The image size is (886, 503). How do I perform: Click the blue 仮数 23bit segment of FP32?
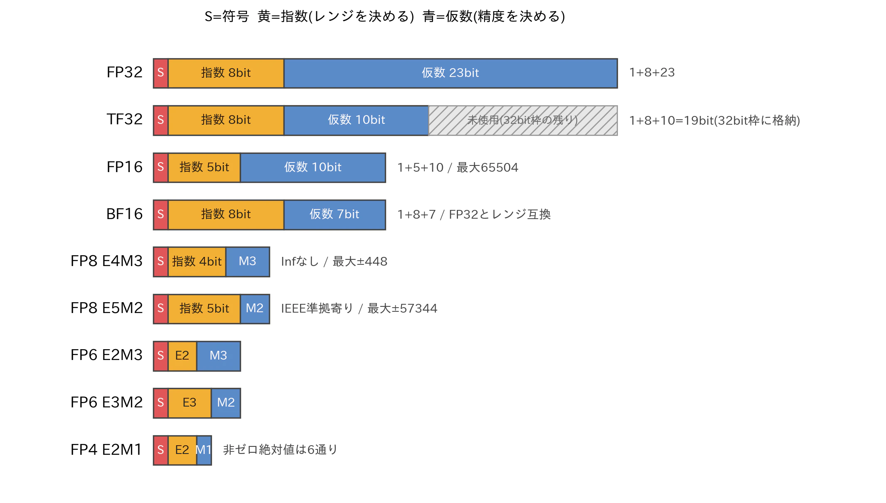pyautogui.click(x=450, y=73)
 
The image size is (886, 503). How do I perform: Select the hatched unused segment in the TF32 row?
pyautogui.click(x=523, y=120)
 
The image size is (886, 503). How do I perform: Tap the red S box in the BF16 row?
pyautogui.click(x=161, y=215)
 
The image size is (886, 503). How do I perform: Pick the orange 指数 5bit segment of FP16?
pyautogui.click(x=204, y=168)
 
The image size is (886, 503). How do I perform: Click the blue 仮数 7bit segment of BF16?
pyautogui.click(x=335, y=215)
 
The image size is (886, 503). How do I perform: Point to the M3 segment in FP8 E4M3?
pyautogui.click(x=248, y=261)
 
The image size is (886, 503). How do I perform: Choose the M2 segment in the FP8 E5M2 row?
pyautogui.click(x=255, y=308)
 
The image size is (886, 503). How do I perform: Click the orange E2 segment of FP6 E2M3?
pyautogui.click(x=182, y=356)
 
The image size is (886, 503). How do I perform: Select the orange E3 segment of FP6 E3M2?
pyautogui.click(x=190, y=403)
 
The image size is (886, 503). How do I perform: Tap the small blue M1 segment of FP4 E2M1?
pyautogui.click(x=204, y=450)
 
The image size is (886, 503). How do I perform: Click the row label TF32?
pyautogui.click(x=124, y=119)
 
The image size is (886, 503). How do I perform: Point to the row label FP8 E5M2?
pyautogui.click(x=106, y=308)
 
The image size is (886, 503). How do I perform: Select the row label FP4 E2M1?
pyautogui.click(x=106, y=449)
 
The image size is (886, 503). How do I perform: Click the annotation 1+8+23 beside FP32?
pyautogui.click(x=652, y=73)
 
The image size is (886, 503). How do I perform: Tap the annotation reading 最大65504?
pyautogui.click(x=487, y=168)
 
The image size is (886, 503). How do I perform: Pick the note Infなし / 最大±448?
pyautogui.click(x=334, y=261)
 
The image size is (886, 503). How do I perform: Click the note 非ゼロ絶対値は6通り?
pyautogui.click(x=280, y=450)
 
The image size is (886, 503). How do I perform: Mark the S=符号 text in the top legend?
pyautogui.click(x=227, y=16)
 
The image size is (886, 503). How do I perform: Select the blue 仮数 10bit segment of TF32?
pyautogui.click(x=356, y=120)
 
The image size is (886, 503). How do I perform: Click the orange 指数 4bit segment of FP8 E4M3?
pyautogui.click(x=197, y=261)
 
